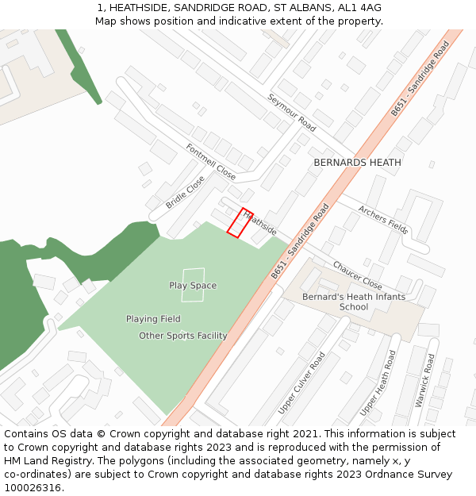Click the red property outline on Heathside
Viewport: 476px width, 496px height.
tap(240, 223)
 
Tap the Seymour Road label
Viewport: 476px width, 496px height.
tap(291, 112)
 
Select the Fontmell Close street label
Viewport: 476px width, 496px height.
tap(211, 160)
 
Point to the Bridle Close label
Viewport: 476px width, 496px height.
tap(185, 192)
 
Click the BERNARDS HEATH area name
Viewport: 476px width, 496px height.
tap(357, 162)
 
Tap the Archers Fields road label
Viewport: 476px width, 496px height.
tap(383, 220)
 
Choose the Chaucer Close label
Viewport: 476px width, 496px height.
tap(357, 275)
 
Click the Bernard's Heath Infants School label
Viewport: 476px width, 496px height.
tap(354, 302)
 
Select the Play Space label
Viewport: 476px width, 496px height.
tap(193, 285)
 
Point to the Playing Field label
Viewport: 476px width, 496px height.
tap(153, 319)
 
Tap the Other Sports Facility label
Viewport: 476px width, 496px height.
tap(183, 336)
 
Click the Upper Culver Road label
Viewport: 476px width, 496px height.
tap(301, 383)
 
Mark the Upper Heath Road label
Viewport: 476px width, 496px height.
tap(378, 383)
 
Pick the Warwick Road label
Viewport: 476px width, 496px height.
tap(425, 381)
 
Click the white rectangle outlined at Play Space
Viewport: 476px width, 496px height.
tap(193, 285)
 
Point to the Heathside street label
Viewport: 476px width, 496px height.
tap(260, 222)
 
